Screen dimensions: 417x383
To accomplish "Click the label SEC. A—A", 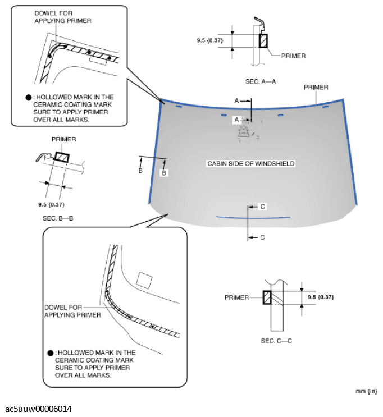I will [x=260, y=81].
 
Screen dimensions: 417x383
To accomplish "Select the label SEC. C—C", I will [x=276, y=341].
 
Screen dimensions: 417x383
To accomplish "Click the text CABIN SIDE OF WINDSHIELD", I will [x=250, y=163].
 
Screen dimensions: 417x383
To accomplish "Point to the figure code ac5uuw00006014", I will [x=39, y=409].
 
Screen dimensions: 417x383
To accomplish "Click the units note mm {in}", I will [x=366, y=391].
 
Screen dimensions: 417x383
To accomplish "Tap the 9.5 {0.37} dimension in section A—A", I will [x=209, y=40].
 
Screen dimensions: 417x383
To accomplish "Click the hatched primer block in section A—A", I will [x=262, y=41].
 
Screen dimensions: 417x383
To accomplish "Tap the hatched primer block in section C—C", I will [x=268, y=297].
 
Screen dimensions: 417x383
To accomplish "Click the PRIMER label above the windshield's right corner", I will [x=316, y=88].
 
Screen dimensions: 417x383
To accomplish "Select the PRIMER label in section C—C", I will [x=236, y=297].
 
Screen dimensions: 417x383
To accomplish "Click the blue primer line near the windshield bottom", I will [x=253, y=217].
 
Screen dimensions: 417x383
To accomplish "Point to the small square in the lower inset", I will [x=144, y=279].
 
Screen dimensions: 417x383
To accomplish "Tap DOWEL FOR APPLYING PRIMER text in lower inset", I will [x=72, y=311].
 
